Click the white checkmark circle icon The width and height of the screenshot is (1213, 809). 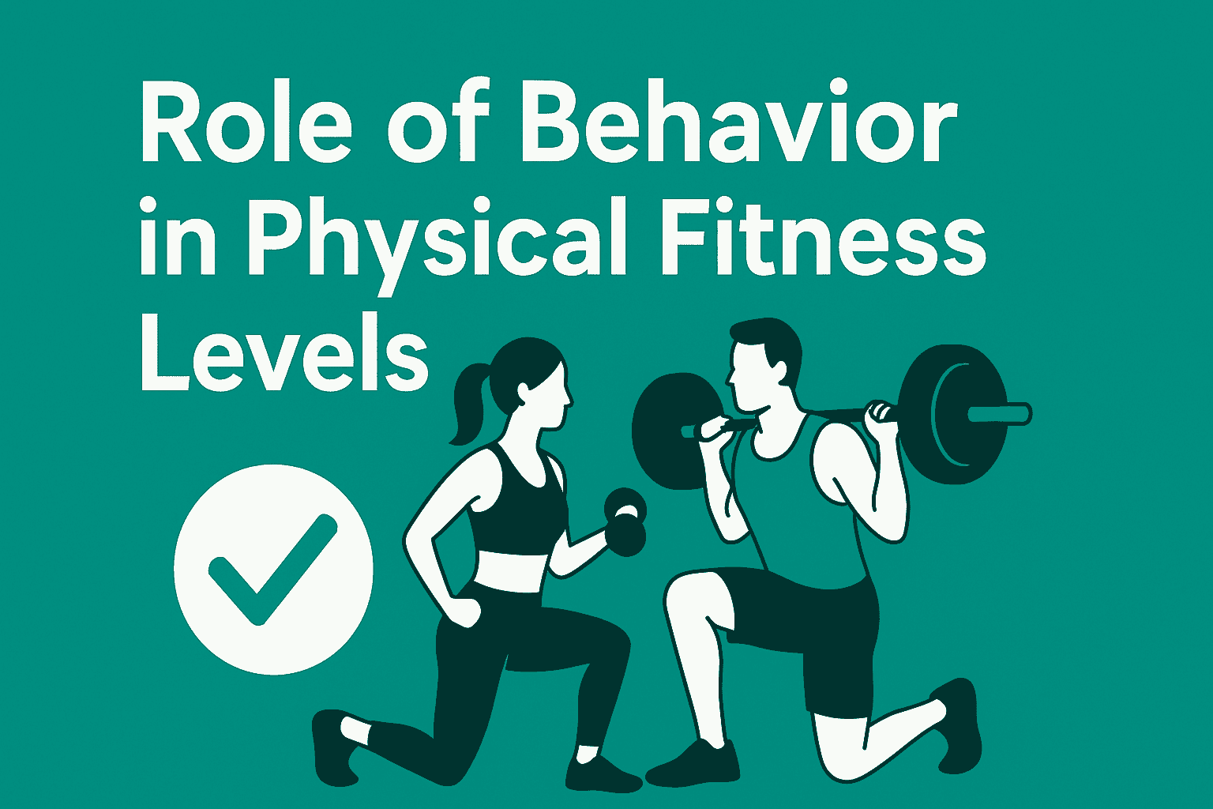click(273, 569)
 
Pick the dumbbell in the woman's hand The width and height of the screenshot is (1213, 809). click(625, 521)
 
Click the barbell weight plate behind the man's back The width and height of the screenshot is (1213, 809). click(952, 415)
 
